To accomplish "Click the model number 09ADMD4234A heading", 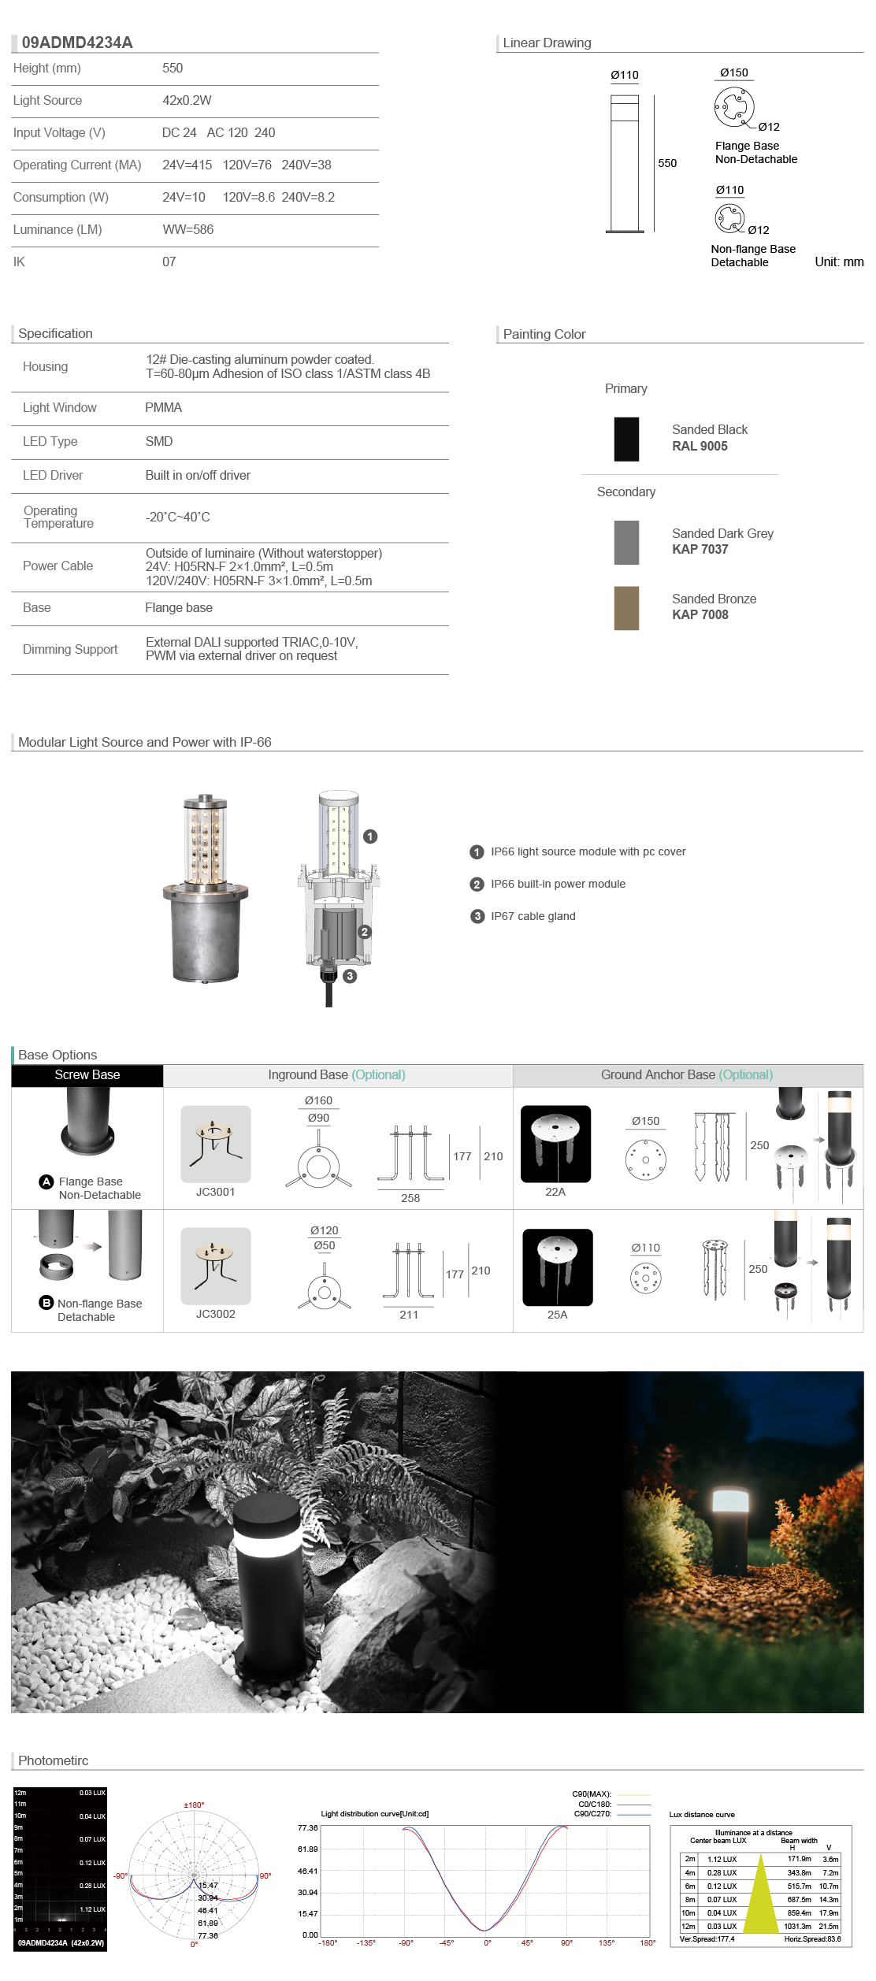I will pos(77,43).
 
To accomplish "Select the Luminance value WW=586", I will pos(187,229).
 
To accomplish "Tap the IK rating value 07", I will pos(169,262).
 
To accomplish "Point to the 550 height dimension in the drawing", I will pos(666,163).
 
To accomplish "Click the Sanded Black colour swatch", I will pos(626,439).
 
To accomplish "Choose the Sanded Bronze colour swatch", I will pos(626,608).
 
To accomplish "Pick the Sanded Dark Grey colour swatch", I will pos(626,543).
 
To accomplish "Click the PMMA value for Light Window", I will pos(163,407).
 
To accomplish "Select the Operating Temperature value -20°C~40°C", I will pos(177,517).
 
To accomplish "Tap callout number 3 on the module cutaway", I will pos(350,976).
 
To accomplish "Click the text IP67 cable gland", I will pos(533,916).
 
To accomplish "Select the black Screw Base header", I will pos(87,1075).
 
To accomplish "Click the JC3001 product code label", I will pos(215,1192).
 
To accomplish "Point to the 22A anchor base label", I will pos(555,1192).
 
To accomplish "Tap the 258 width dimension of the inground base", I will pos(410,1198).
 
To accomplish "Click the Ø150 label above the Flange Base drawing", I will pos(733,72).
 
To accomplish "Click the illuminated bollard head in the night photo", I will pos(730,1500).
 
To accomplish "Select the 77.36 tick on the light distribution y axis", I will pos(307,1828).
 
